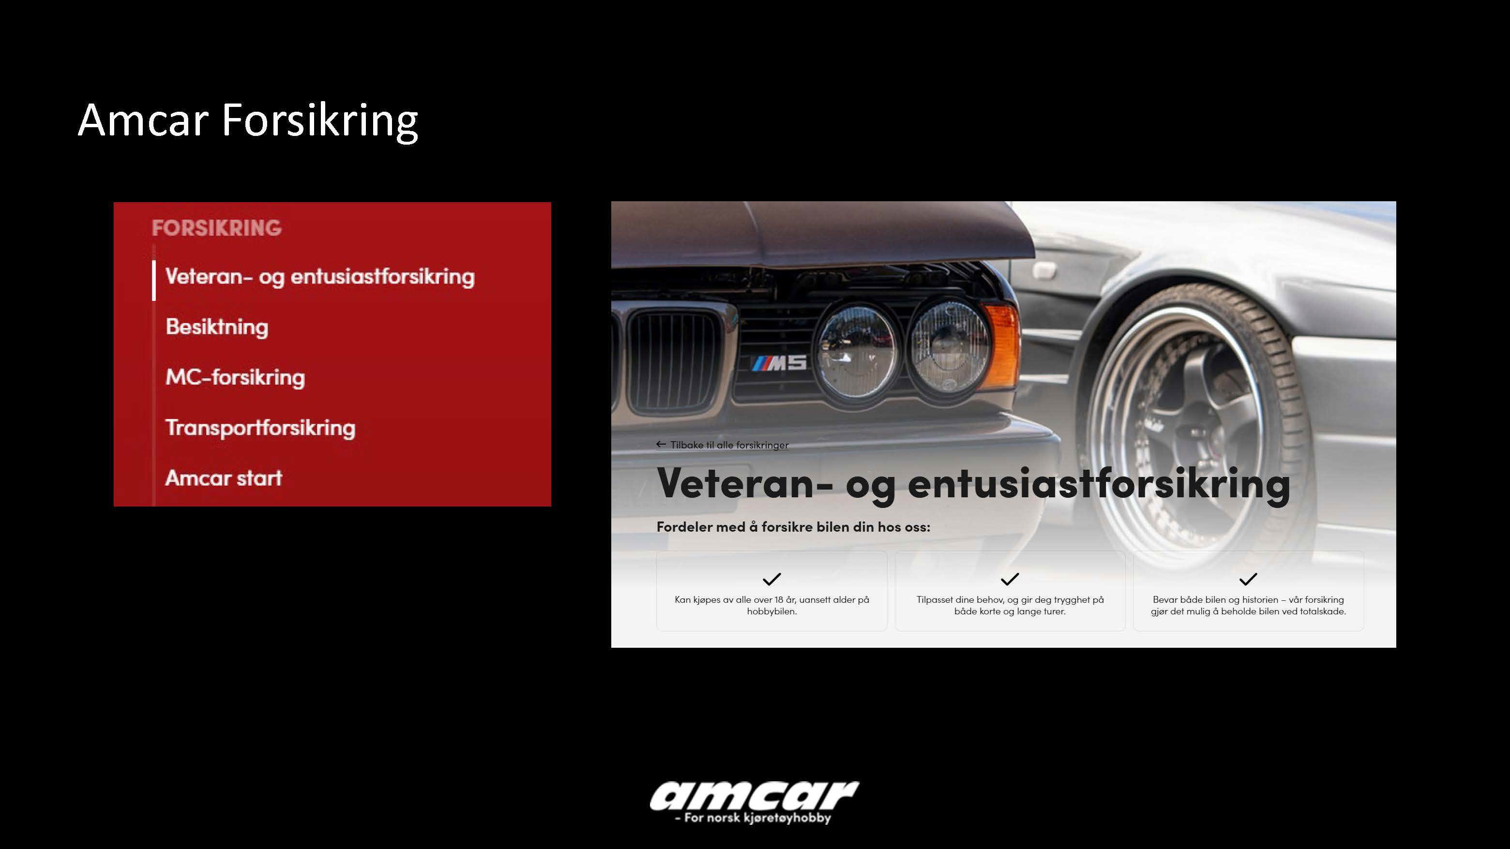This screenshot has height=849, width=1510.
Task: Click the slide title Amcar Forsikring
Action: pos(248,121)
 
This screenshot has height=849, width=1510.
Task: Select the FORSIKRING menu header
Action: pos(217,228)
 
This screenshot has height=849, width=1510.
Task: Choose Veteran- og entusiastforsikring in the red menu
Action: pos(320,277)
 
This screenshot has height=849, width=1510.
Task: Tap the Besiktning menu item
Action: pos(217,327)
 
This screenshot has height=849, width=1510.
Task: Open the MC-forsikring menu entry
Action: pos(235,377)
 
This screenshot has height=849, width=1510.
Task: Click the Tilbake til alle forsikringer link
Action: pos(723,445)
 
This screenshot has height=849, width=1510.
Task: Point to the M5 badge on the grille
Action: pos(780,363)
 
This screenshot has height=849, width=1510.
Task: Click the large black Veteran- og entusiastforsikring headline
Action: pos(973,484)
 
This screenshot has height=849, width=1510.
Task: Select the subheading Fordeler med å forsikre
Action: pos(793,527)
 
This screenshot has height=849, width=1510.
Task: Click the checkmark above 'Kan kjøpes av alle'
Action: pos(771,579)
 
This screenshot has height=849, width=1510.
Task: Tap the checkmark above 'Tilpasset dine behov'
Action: pos(1010,579)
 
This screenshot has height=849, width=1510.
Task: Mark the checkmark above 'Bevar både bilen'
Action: pos(1248,579)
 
